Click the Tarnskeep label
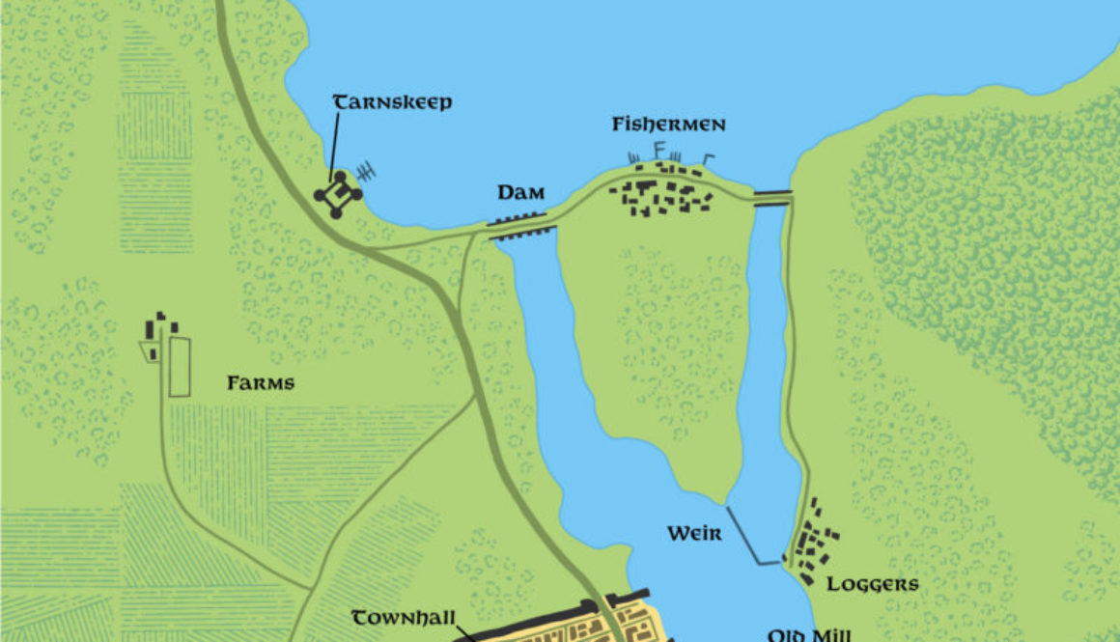point(392,102)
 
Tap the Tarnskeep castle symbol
point(338,195)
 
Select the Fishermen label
point(668,126)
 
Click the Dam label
point(516,193)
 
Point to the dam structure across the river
point(522,226)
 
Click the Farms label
point(261,383)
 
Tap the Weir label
point(693,533)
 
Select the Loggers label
point(873,584)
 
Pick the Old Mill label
point(809,634)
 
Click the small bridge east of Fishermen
point(771,197)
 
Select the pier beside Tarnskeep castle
point(367,173)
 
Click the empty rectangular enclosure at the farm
point(180,367)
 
